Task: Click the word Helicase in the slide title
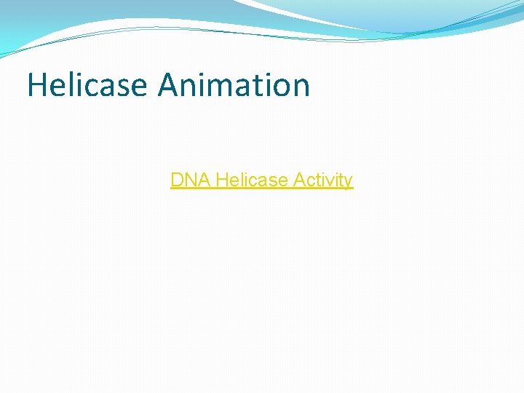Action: [x=87, y=85]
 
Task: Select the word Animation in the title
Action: [x=234, y=85]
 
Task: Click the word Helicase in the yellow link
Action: [x=252, y=180]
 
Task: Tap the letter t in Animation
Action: [x=252, y=86]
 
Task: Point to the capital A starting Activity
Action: [x=299, y=180]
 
